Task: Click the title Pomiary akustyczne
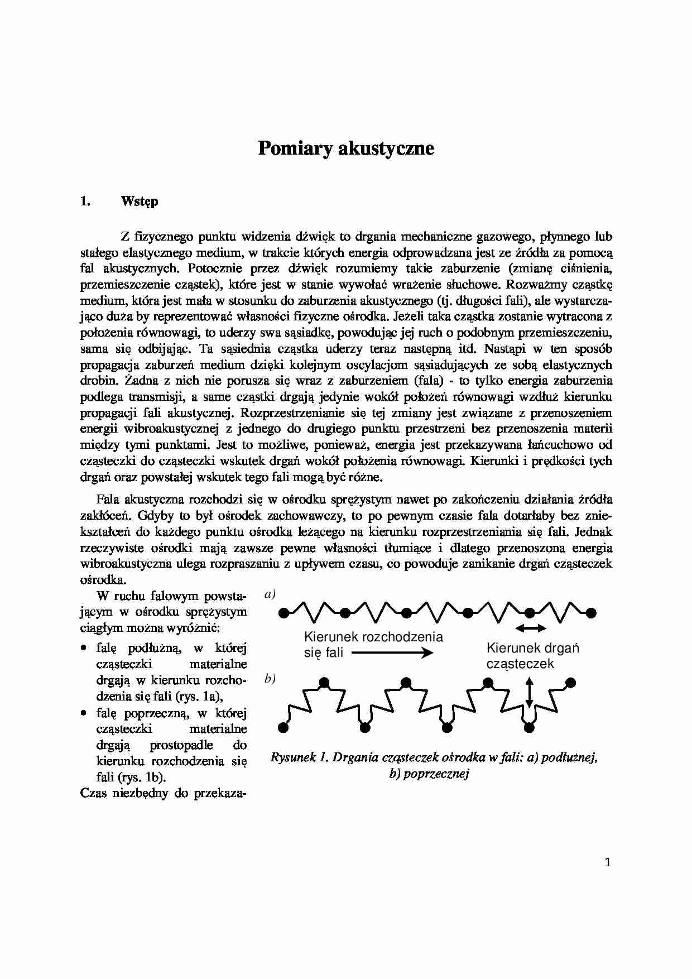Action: (x=345, y=149)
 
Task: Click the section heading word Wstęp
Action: (x=139, y=201)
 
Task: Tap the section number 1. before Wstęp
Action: (x=85, y=201)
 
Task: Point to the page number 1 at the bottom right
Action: (x=608, y=862)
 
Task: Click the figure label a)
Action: (x=270, y=594)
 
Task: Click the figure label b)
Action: (x=270, y=679)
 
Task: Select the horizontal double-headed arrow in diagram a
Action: (x=530, y=628)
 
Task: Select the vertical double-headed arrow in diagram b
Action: (x=529, y=692)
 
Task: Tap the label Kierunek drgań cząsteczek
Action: (x=532, y=655)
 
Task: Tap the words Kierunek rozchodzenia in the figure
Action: (x=373, y=637)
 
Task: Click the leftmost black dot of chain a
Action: (x=283, y=613)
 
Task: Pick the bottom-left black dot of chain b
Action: (x=283, y=727)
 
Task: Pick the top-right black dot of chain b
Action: (x=571, y=682)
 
